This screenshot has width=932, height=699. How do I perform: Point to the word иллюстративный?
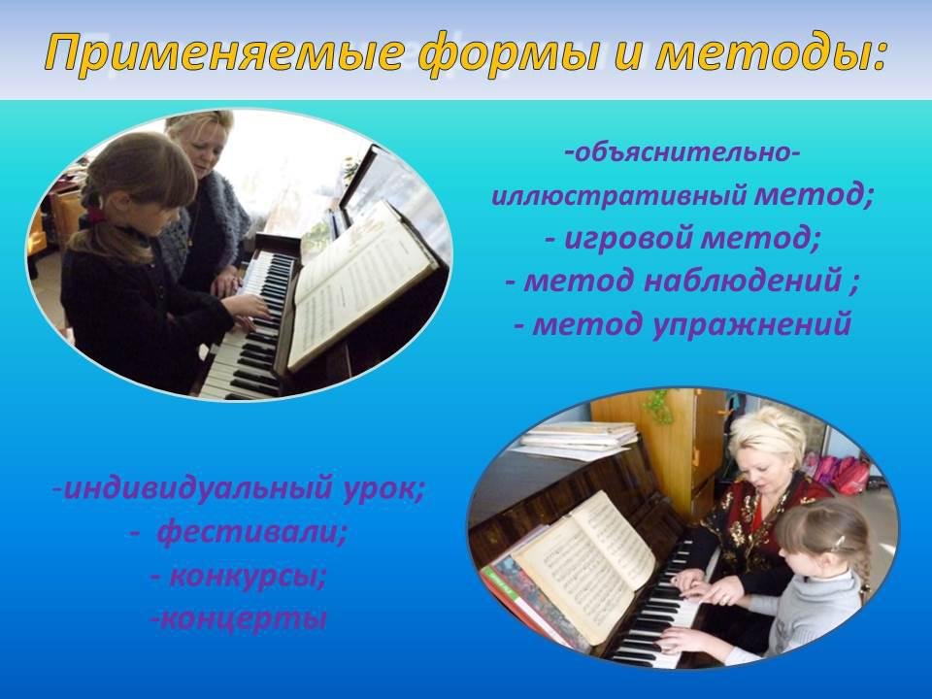click(x=619, y=195)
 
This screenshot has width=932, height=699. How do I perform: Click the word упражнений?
click(x=751, y=324)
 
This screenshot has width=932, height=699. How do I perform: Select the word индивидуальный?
click(x=197, y=488)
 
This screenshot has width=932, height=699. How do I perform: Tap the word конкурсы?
click(x=248, y=576)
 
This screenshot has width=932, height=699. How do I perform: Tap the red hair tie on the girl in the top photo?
click(x=95, y=213)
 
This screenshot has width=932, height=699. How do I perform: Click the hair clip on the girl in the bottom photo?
click(x=839, y=541)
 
